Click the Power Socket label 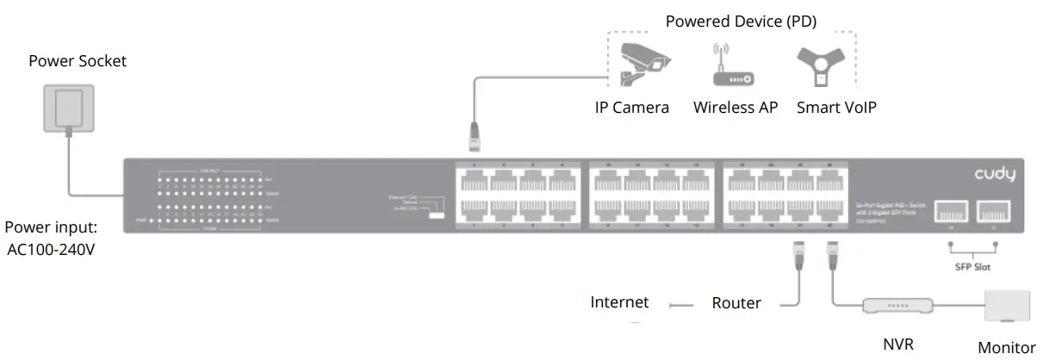pos(78,60)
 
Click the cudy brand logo pos(995,176)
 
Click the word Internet pos(619,302)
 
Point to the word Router pos(736,303)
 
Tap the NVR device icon pos(897,305)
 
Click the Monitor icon pos(1009,306)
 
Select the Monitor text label pos(1007,348)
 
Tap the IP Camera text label pos(631,108)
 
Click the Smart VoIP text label pos(836,108)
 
